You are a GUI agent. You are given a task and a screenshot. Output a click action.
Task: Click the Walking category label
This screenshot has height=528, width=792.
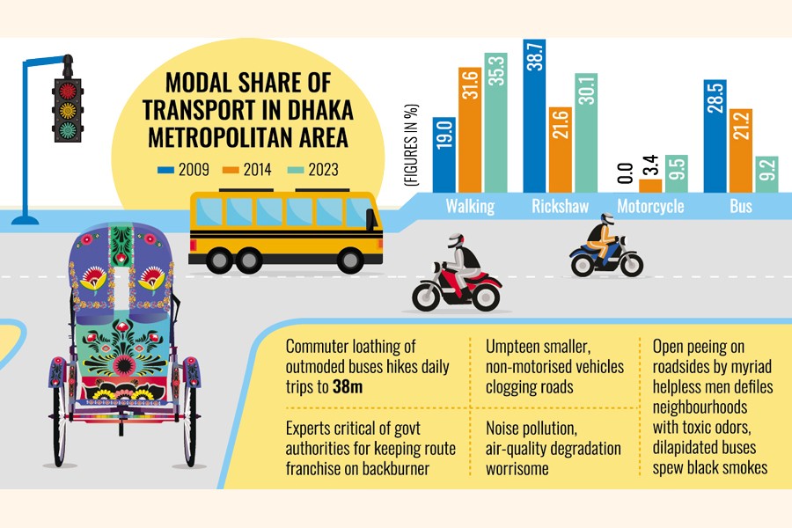(470, 207)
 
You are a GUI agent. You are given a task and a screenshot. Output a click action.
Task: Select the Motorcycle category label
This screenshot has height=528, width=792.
(649, 207)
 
